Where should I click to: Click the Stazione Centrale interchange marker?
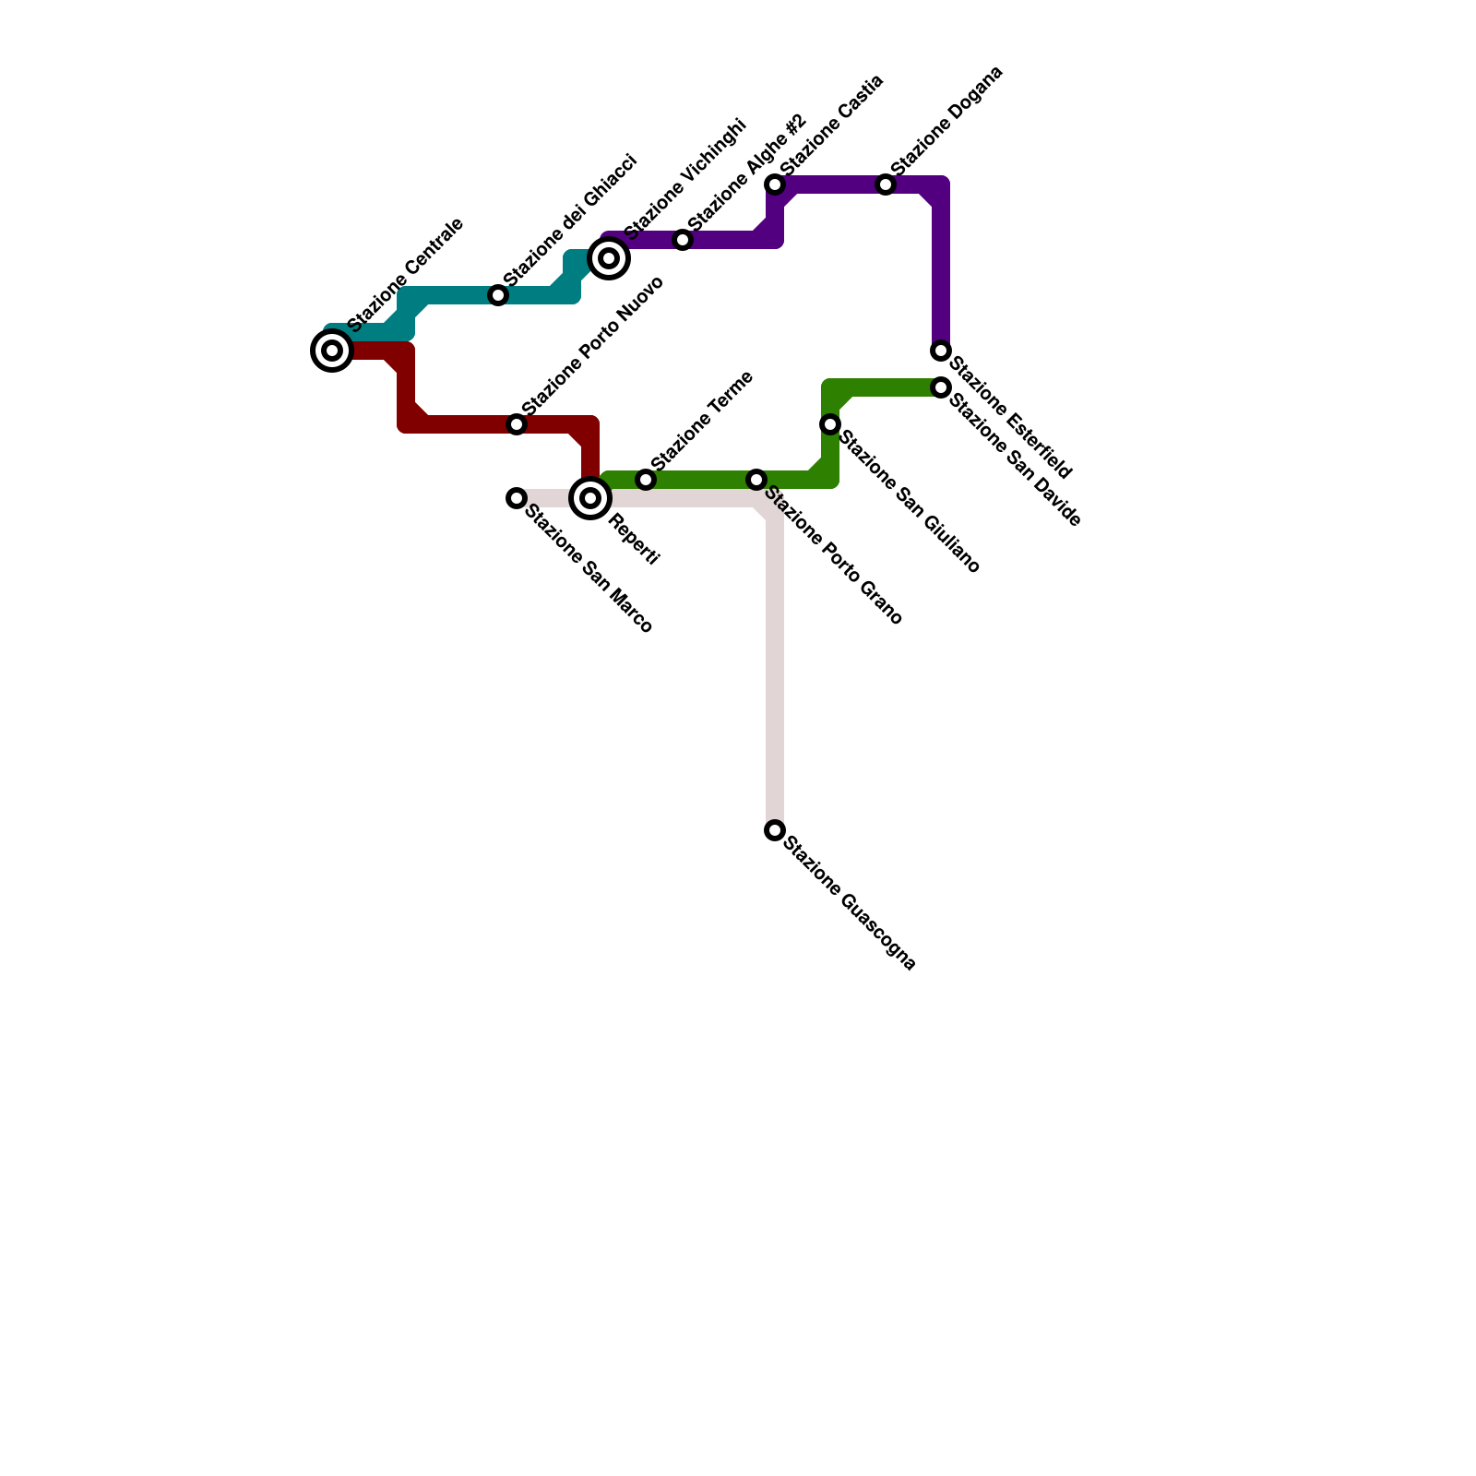332,351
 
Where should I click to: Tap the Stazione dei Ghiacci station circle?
498,295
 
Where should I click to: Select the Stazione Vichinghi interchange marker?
609,258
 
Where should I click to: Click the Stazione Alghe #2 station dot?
683,240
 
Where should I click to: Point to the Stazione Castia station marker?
775,184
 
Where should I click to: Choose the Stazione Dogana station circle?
886,184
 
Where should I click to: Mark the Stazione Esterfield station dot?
941,351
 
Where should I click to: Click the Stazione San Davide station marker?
941,387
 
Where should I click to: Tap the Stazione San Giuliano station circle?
830,424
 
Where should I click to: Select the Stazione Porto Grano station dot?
756,480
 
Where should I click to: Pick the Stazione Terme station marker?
646,480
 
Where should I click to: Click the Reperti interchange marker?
590,498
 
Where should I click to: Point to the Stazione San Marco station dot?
517,498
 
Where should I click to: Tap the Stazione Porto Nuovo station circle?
517,424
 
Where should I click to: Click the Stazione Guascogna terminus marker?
775,830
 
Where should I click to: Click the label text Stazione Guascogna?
850,904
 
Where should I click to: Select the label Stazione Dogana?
947,120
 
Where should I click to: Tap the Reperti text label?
634,542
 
